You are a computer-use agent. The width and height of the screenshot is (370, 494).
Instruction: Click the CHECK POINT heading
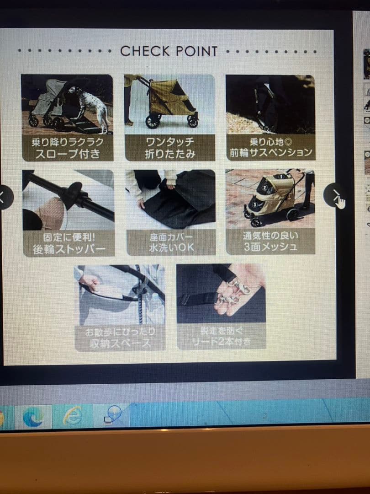(x=169, y=51)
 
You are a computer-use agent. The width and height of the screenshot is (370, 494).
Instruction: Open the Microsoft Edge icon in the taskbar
(x=33, y=417)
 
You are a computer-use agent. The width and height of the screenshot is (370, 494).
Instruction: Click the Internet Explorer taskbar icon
(x=73, y=416)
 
